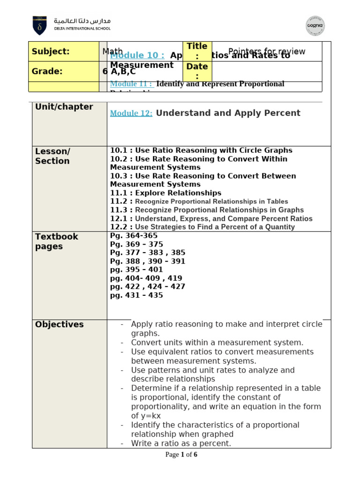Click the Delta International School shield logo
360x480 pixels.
click(39, 25)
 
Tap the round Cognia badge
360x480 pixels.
click(315, 26)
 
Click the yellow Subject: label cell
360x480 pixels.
click(64, 52)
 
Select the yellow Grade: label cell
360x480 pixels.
click(64, 71)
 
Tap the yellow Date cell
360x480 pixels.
click(197, 71)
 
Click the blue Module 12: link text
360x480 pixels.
click(131, 113)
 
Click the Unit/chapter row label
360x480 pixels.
click(64, 107)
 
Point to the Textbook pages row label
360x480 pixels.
click(56, 241)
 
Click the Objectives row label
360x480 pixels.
click(60, 324)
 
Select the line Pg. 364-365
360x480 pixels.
click(134, 236)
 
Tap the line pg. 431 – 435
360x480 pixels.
click(136, 295)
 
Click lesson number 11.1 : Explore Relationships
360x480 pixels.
click(165, 193)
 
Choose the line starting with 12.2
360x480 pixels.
click(202, 227)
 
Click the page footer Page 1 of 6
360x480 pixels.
click(181, 455)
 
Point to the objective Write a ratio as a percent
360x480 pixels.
click(181, 443)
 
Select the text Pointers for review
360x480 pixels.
click(266, 52)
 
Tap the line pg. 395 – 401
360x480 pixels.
click(136, 270)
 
